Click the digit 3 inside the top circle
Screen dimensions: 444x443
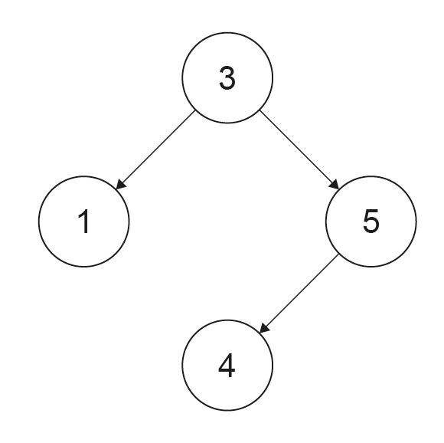[227, 78]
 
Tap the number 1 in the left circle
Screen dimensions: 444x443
[84, 221]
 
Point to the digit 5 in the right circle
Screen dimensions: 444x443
[371, 221]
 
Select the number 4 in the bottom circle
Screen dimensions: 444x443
[227, 366]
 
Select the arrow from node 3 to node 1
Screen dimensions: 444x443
[155, 150]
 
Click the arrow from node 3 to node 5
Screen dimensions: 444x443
[299, 150]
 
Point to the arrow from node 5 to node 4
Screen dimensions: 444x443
[299, 294]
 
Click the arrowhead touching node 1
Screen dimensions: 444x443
[120, 185]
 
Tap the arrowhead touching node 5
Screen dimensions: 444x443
[335, 185]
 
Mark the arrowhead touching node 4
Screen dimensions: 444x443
[263, 329]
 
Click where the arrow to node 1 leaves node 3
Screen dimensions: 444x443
[195, 110]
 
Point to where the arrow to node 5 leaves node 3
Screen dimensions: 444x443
[260, 110]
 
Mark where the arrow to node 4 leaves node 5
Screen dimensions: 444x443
[338, 254]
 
